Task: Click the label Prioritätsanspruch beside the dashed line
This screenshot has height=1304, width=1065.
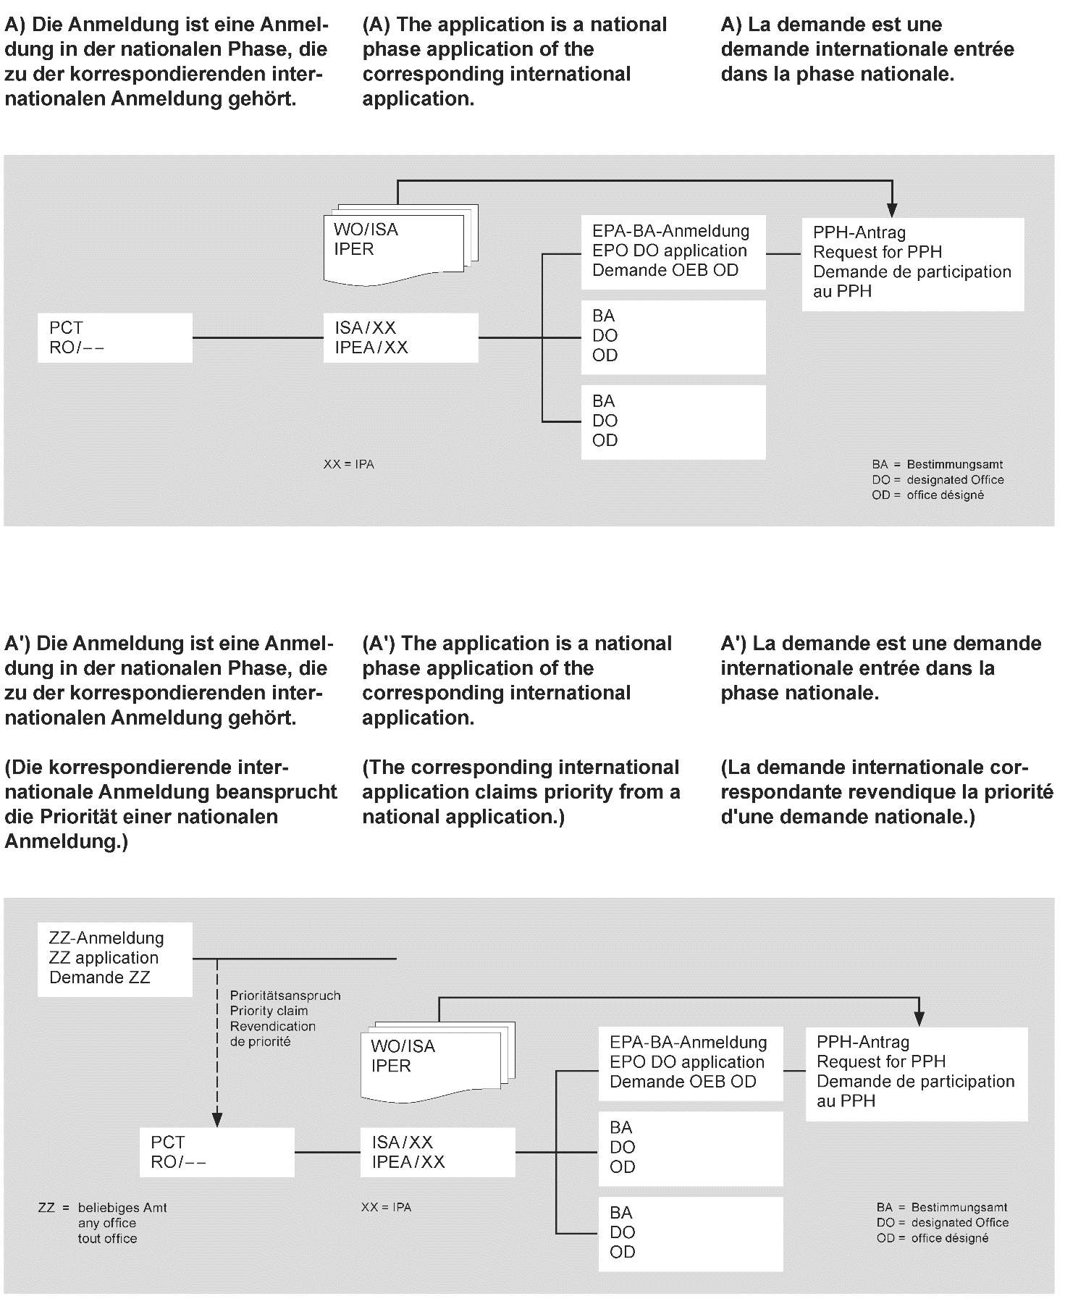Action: [x=285, y=996]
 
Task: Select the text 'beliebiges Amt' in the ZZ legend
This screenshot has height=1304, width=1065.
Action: [x=122, y=1208]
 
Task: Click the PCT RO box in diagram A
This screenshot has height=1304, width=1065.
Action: [x=114, y=337]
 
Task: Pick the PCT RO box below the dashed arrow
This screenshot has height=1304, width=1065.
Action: [x=216, y=1152]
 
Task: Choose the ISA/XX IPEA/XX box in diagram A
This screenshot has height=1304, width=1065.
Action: [x=400, y=337]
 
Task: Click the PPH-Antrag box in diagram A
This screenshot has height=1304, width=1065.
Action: [x=912, y=264]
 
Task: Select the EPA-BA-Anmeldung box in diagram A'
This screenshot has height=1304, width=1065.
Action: [x=690, y=1062]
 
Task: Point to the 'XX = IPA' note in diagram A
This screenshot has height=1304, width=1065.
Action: [x=349, y=464]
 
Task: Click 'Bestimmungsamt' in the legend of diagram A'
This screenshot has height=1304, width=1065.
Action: [x=959, y=1207]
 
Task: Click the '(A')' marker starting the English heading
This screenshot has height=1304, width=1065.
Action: [x=379, y=643]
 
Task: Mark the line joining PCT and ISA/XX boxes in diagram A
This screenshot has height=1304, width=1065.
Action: [x=258, y=337]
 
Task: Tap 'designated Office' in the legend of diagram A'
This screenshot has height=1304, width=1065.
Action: [x=960, y=1222]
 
